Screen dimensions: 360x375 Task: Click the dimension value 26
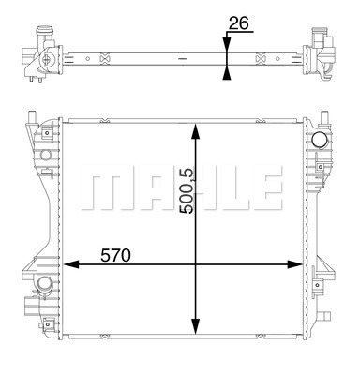239,23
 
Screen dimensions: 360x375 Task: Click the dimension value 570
115,255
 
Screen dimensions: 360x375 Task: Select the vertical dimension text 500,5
187,191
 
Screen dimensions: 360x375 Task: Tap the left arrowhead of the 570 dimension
71,264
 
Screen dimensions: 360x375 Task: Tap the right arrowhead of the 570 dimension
294,264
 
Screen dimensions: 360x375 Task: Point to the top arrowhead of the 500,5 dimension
195,131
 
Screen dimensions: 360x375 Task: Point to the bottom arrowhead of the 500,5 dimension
195,326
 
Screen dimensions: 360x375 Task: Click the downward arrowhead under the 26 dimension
227,43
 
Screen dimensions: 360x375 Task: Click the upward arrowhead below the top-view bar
227,74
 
